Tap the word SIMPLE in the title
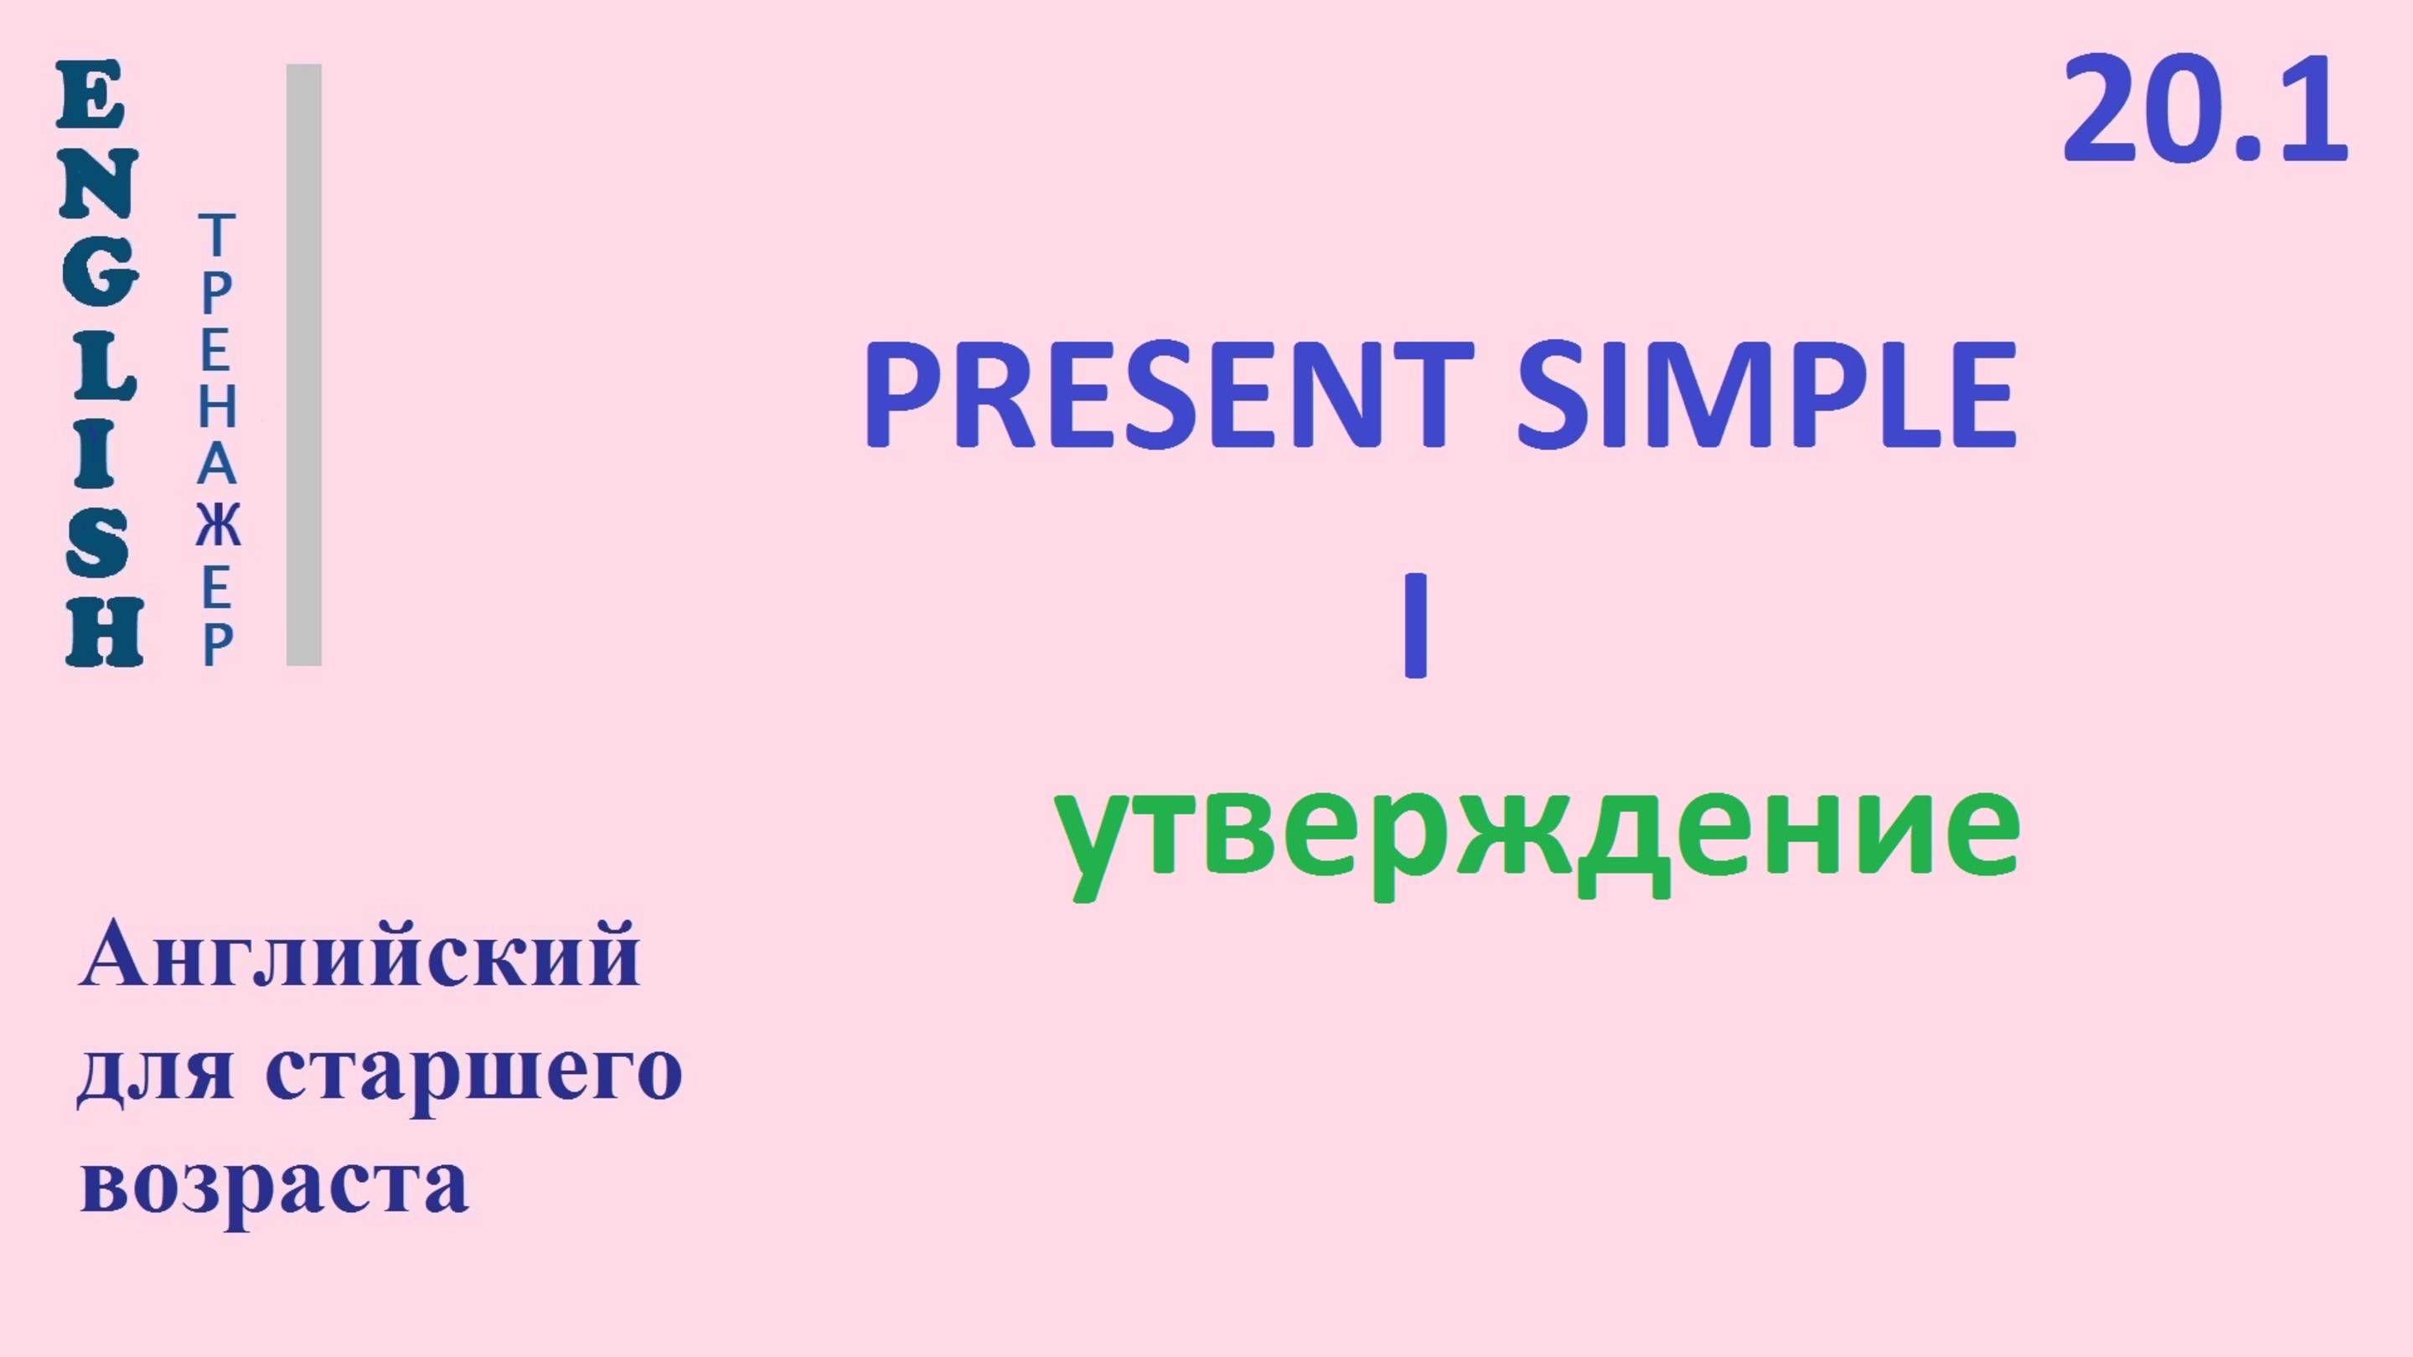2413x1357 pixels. (1765, 395)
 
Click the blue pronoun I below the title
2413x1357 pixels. (1415, 626)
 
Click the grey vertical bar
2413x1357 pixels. (303, 365)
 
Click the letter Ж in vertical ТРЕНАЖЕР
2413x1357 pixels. (217, 526)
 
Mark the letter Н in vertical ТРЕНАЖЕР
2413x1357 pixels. (217, 407)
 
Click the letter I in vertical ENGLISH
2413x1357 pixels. (96, 453)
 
